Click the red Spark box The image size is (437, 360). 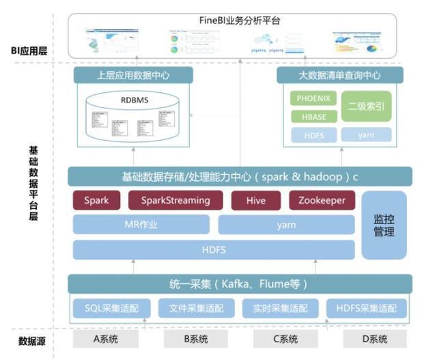tap(96, 201)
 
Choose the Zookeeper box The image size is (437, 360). tap(322, 201)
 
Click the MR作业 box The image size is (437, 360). tap(141, 225)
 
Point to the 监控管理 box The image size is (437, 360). tap(384, 225)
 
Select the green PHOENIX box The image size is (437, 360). tap(314, 98)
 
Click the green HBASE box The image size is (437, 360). tap(314, 116)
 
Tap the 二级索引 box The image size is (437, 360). tap(367, 107)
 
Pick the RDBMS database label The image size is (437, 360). tap(135, 100)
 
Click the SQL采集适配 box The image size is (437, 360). tap(111, 308)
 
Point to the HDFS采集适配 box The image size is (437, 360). tap(366, 308)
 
